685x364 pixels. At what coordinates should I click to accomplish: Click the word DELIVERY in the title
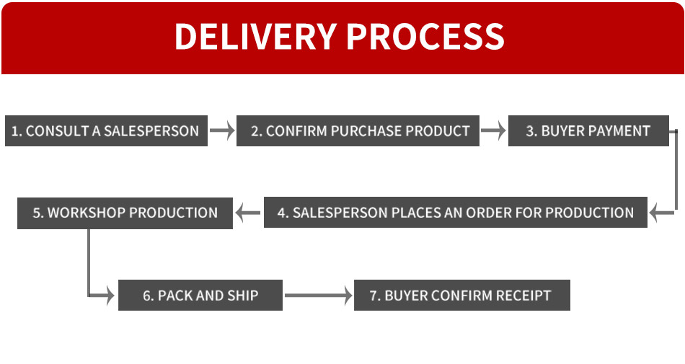click(255, 37)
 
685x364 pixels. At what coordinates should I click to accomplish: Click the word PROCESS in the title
click(423, 37)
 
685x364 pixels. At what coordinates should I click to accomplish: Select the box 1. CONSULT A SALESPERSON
click(106, 131)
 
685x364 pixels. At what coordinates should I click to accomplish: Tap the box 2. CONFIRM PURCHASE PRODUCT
click(358, 131)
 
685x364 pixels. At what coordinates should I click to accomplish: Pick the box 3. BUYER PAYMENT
click(588, 131)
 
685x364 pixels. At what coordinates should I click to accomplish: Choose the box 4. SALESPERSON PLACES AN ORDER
click(455, 213)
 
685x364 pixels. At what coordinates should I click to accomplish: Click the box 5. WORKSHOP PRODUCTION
click(125, 213)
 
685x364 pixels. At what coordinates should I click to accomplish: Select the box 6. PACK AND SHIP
click(200, 295)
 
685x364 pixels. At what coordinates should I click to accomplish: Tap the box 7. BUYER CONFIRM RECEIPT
click(461, 295)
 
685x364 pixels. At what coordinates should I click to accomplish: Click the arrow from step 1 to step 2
click(222, 131)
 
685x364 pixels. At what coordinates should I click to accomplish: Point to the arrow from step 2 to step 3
click(493, 131)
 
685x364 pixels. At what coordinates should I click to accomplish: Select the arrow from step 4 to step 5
click(248, 213)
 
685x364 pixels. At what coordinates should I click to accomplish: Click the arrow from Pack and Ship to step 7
click(317, 295)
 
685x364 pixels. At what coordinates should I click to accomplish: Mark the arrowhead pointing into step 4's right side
click(655, 213)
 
